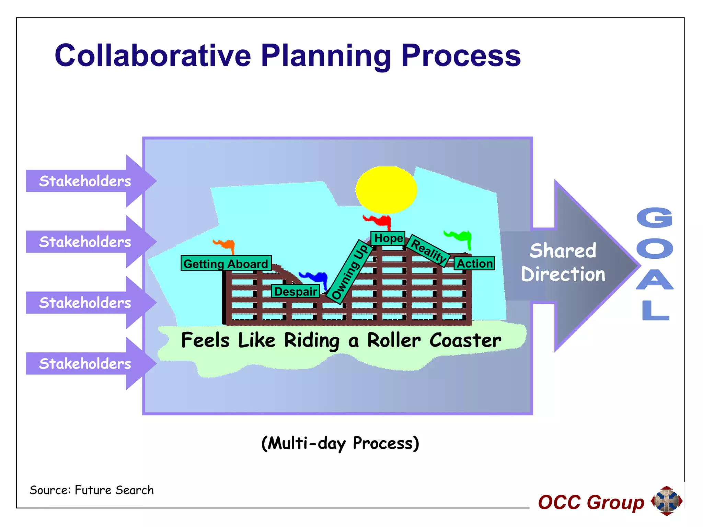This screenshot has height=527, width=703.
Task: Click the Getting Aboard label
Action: pyautogui.click(x=226, y=263)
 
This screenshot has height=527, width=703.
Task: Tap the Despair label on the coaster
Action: pyautogui.click(x=296, y=291)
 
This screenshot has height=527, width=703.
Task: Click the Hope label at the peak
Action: pyautogui.click(x=388, y=238)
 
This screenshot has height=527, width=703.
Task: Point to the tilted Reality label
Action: pyautogui.click(x=428, y=250)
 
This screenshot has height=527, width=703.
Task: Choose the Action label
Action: pyautogui.click(x=474, y=263)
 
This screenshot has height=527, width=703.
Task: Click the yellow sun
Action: pyautogui.click(x=386, y=190)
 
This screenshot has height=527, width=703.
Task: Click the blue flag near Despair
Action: pyautogui.click(x=314, y=277)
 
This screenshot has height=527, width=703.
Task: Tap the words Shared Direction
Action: pyautogui.click(x=563, y=262)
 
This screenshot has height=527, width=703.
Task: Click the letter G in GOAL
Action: pyautogui.click(x=655, y=218)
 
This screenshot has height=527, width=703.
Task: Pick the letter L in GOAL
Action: pyautogui.click(x=655, y=310)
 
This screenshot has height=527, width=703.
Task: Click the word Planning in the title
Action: pyautogui.click(x=325, y=56)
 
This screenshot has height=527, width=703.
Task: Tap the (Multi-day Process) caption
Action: pyautogui.click(x=340, y=443)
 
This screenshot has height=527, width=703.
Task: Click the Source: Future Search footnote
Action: pyautogui.click(x=92, y=490)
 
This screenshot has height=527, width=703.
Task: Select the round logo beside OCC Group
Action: pyautogui.click(x=667, y=501)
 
